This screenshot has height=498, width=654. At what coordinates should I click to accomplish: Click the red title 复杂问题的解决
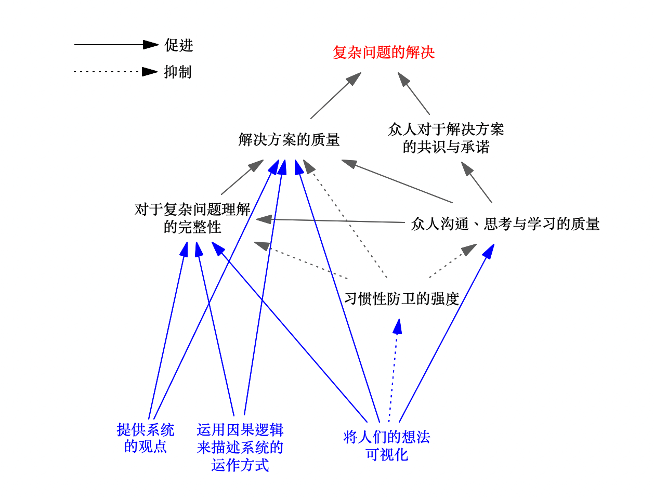click(384, 53)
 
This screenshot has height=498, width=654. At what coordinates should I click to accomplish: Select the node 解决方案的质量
click(289, 139)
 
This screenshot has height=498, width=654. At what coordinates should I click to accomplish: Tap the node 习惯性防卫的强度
click(401, 298)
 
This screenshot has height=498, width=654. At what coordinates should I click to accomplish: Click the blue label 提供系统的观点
click(145, 438)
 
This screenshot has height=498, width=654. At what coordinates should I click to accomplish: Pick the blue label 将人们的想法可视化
click(386, 446)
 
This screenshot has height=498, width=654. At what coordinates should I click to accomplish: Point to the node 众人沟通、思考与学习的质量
click(505, 224)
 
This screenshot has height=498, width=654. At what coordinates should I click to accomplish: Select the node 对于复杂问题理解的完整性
click(192, 218)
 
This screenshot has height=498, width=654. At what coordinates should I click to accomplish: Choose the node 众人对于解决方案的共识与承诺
click(446, 138)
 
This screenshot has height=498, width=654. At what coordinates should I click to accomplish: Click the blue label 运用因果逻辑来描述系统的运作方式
click(240, 447)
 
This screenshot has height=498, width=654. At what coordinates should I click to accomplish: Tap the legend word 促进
click(179, 45)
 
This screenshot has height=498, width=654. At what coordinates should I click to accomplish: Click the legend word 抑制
click(178, 72)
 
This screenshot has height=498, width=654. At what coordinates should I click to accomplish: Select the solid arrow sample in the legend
click(116, 45)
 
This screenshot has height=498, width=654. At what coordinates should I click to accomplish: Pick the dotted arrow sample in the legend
click(115, 72)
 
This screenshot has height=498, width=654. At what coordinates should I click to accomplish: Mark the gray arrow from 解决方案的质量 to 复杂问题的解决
click(336, 95)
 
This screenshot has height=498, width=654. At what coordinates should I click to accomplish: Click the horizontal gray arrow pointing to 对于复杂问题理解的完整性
click(330, 220)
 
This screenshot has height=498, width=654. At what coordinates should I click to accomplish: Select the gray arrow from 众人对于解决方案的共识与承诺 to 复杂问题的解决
click(413, 93)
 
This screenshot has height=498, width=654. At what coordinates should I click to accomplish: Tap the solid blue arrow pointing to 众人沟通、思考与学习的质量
click(447, 333)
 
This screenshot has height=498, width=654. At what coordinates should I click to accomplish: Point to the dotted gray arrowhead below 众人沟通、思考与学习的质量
click(468, 250)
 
